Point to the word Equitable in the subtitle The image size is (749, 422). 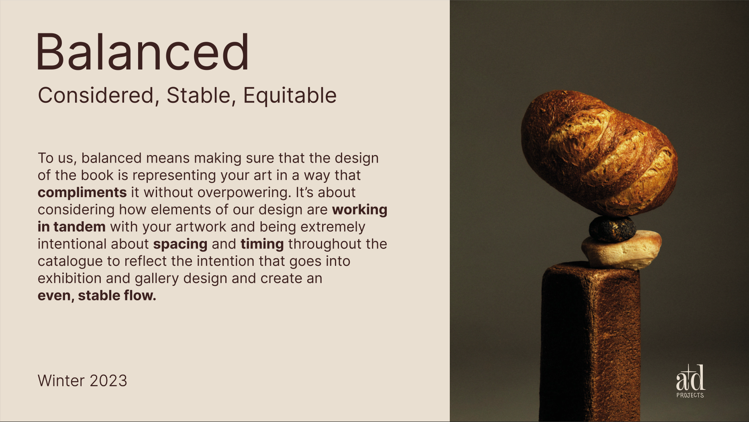[290, 96]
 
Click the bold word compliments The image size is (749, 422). [82, 193]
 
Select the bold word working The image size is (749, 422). [360, 210]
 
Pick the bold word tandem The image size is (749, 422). [80, 227]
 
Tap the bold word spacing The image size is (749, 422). [180, 245]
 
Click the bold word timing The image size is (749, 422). [262, 245]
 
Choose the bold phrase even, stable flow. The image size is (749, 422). [97, 296]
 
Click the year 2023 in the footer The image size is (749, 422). [108, 381]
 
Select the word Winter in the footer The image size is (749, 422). [61, 381]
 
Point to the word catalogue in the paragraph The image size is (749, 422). [70, 261]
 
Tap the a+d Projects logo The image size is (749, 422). [690, 381]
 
